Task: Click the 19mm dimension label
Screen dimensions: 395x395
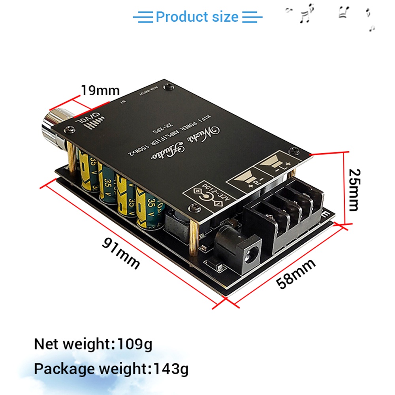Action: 100,90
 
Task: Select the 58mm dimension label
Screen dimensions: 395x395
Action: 296,274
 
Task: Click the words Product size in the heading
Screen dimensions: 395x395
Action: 197,17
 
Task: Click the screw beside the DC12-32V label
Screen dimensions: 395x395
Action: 194,206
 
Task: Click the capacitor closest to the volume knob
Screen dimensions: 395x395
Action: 87,170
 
